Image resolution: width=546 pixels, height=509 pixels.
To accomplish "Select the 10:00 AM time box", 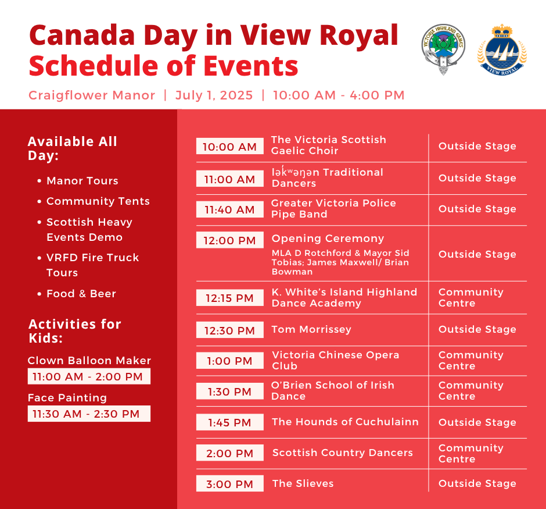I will [229, 147].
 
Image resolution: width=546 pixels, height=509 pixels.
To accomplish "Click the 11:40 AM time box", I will [229, 209].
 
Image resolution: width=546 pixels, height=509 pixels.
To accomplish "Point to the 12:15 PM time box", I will [229, 298].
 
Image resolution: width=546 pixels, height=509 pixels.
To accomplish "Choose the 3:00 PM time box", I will [229, 484].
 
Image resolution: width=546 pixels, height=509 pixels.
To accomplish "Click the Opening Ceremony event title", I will [328, 239].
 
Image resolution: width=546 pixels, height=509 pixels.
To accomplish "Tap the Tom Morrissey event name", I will [311, 329].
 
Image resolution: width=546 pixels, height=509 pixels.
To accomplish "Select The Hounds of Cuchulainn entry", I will [345, 422].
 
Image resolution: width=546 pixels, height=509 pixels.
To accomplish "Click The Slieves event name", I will [303, 483].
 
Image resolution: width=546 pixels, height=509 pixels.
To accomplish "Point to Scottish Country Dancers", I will [342, 453].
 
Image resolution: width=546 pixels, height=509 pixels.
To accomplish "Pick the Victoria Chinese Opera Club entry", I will [335, 360].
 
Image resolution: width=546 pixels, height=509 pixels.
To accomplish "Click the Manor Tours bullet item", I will [82, 181].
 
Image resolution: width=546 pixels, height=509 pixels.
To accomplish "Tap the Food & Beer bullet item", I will [81, 294].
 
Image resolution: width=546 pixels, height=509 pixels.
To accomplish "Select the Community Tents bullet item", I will [98, 201].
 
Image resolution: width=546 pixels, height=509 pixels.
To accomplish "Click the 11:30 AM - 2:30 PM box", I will [89, 414].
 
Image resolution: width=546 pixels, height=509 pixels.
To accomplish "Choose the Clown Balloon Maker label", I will [89, 361].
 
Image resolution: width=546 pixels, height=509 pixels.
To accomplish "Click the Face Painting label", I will [67, 398].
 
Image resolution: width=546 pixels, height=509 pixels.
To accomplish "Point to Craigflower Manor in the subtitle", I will [92, 95].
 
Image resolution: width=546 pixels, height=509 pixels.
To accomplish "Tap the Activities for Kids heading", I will [74, 331].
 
